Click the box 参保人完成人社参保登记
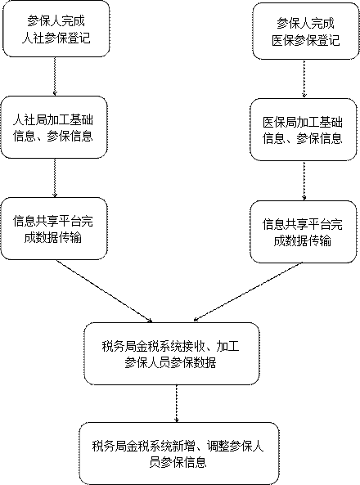click(56, 29)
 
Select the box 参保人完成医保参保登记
click(306, 31)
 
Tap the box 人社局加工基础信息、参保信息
click(54, 127)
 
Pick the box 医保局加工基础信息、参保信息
click(304, 129)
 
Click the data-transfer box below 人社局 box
click(54, 228)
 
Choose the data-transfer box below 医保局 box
click(304, 231)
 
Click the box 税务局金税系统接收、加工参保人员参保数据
click(172, 353)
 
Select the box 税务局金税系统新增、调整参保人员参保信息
click(179, 453)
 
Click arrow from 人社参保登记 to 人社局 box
click(55, 76)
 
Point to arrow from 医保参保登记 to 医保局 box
click(304, 79)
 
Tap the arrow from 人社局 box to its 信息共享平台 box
click(55, 177)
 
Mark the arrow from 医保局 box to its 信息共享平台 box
click(304, 181)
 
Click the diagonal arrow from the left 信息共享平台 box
click(104, 291)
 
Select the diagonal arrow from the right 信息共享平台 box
click(248, 292)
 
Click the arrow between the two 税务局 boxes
click(177, 404)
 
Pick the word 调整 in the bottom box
click(218, 447)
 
